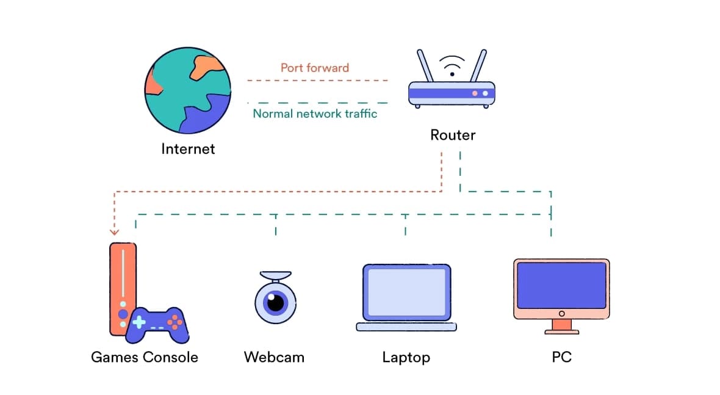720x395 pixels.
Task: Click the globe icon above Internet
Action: tap(188, 91)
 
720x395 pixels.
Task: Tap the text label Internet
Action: tap(188, 148)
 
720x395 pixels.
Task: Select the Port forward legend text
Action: tap(314, 68)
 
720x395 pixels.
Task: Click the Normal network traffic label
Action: tap(315, 114)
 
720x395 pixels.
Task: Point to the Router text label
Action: tap(452, 135)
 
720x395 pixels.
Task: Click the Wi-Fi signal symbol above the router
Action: tap(452, 64)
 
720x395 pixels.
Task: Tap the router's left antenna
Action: tap(425, 66)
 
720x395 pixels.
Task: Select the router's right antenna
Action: tap(478, 66)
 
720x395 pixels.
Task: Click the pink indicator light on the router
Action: tap(474, 93)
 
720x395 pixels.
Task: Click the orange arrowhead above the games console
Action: tap(114, 231)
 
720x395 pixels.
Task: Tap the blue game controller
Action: tap(157, 324)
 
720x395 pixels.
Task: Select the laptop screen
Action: tap(406, 292)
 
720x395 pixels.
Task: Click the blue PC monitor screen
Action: tap(561, 285)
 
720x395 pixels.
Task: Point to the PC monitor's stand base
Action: tap(561, 331)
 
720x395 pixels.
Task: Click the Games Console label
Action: tap(145, 357)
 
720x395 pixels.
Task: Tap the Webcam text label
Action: tap(274, 357)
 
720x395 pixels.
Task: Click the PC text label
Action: tap(561, 357)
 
